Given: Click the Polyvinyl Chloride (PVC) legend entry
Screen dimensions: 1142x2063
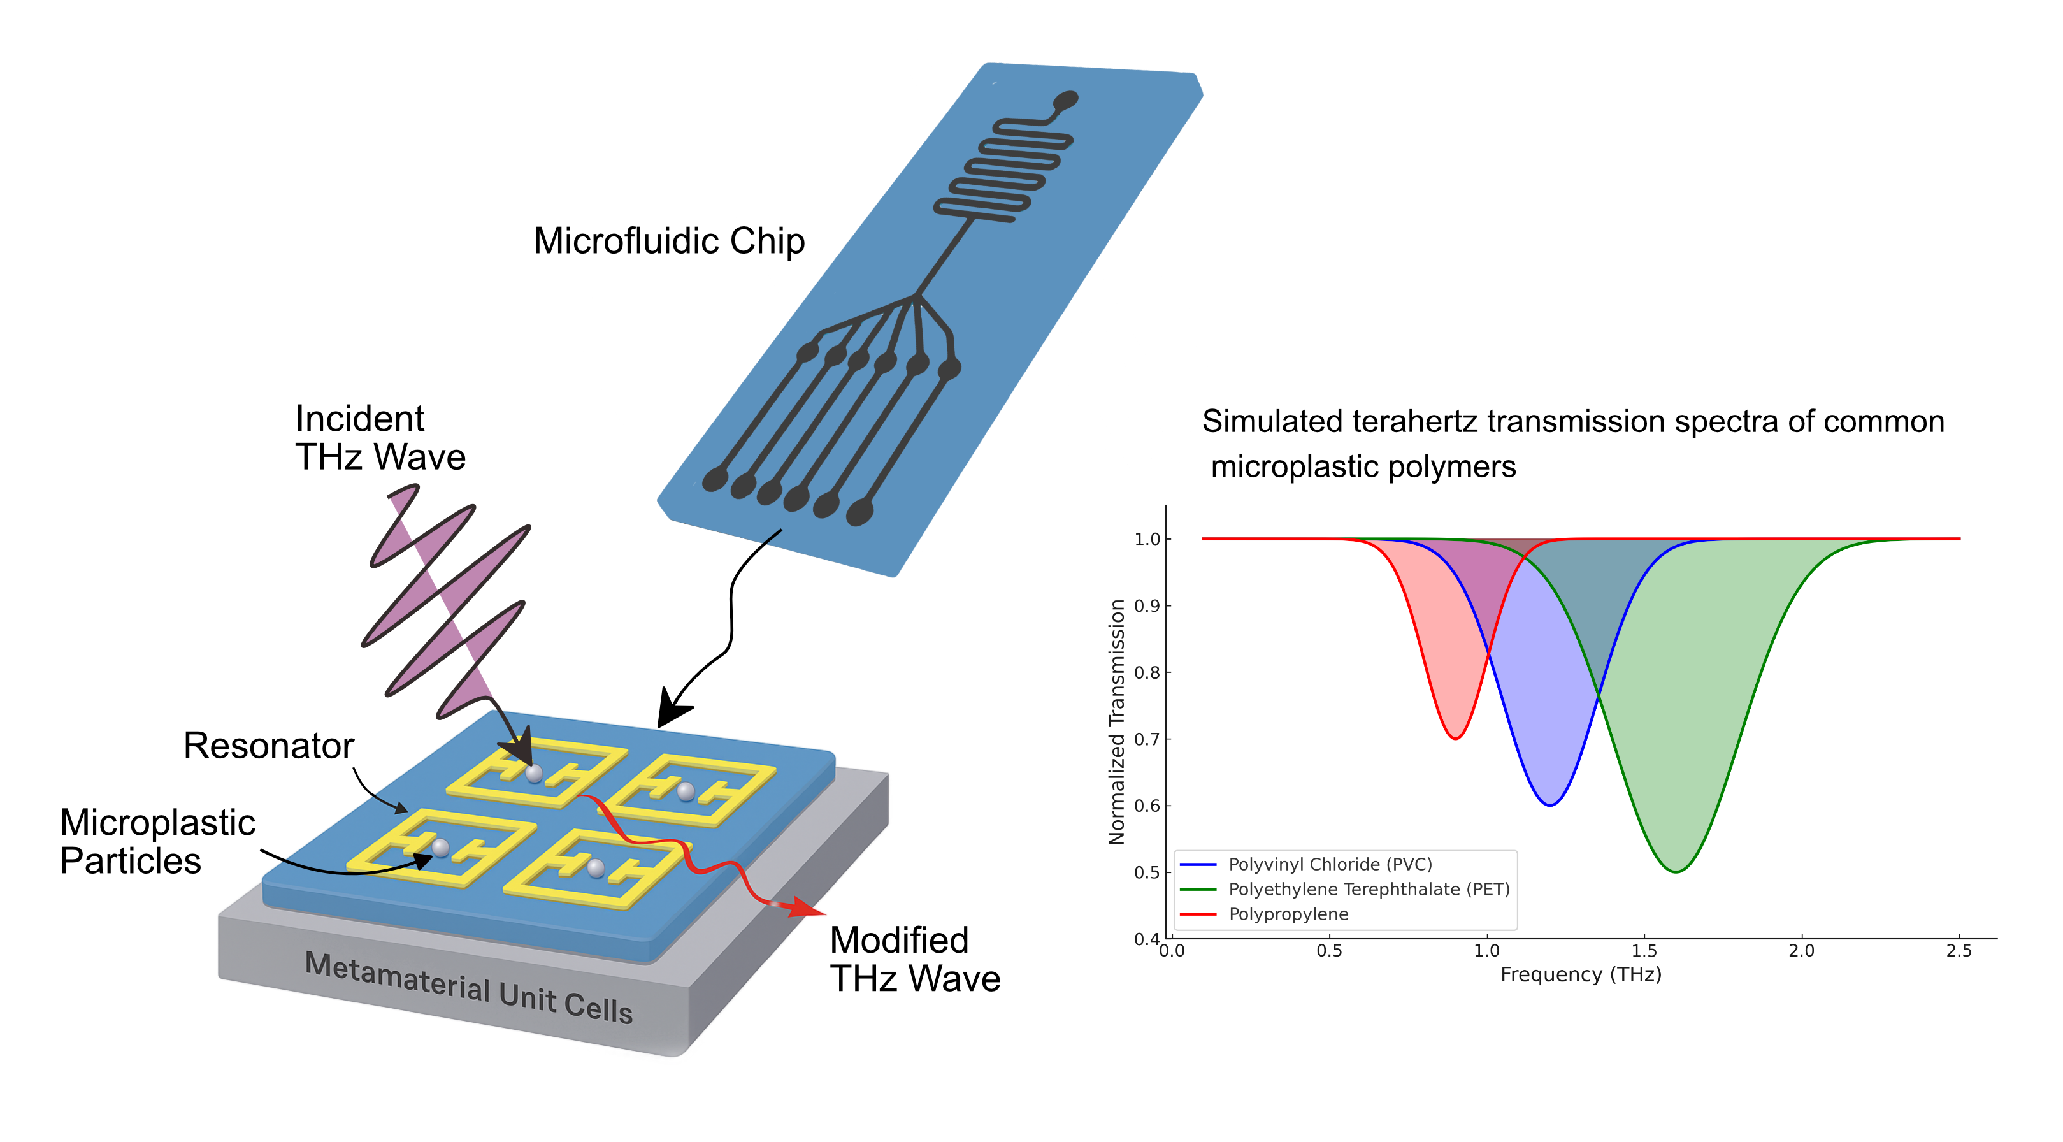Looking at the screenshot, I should click(x=1330, y=864).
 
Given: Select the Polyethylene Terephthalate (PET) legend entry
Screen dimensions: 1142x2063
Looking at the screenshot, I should click(x=1368, y=889).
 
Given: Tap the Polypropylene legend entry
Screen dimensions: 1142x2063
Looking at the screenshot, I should click(x=1288, y=914).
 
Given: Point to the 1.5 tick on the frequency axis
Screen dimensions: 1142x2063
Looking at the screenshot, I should click(x=1644, y=951).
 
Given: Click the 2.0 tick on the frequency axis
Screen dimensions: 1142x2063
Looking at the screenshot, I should click(x=1802, y=951).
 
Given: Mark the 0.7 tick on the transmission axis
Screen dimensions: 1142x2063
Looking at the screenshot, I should click(x=1147, y=739).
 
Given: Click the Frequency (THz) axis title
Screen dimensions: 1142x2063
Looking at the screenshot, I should click(x=1580, y=974).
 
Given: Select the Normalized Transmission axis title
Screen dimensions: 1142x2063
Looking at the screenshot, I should click(x=1116, y=721).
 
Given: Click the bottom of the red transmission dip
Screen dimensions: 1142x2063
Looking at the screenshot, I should click(x=1455, y=737).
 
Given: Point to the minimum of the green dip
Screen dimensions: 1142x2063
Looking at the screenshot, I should click(x=1676, y=871).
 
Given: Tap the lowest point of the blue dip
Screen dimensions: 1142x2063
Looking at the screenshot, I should click(x=1551, y=805).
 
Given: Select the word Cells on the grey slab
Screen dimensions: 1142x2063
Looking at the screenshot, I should click(x=598, y=1007).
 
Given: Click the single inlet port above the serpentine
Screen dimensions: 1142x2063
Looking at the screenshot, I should click(x=1066, y=100).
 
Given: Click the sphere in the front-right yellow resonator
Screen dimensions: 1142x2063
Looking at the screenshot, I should click(x=595, y=867).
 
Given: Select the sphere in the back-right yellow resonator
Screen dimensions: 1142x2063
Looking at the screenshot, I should click(x=686, y=791).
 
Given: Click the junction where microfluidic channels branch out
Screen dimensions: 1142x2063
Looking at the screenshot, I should click(x=916, y=297).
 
